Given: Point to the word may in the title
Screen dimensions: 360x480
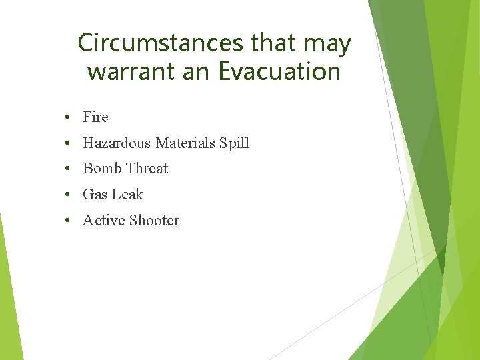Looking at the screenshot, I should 327,44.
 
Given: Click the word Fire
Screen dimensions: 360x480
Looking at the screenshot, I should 95,117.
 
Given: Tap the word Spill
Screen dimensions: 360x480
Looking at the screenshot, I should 235,143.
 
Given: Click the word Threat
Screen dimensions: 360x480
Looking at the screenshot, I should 147,169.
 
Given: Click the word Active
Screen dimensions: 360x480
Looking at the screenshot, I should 103,221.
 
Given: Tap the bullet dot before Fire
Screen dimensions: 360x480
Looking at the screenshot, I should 69,118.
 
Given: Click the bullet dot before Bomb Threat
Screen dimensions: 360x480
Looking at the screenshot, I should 69,169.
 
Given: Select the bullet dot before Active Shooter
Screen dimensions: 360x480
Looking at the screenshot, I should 69,221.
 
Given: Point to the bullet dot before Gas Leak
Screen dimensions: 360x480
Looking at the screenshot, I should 69,195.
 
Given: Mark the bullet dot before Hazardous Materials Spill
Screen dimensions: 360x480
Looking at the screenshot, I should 69,143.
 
